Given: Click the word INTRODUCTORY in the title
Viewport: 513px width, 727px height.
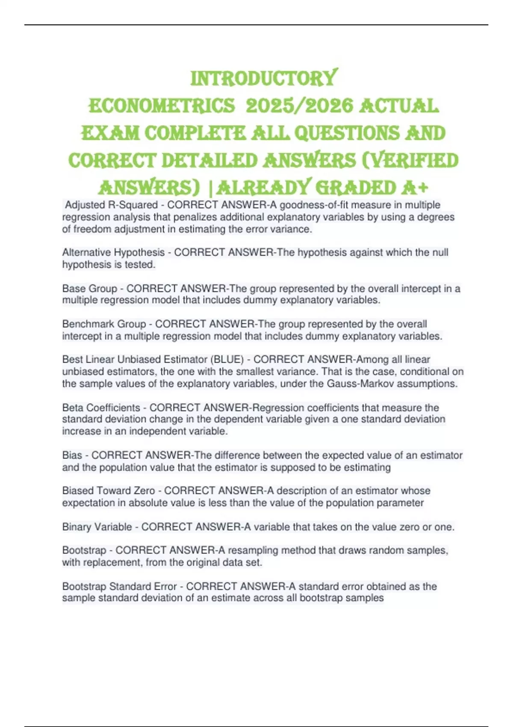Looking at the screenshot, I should [264, 78].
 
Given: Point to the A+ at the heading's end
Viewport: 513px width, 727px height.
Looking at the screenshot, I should [414, 187].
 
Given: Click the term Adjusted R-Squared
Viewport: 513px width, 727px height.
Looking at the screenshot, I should [111, 205].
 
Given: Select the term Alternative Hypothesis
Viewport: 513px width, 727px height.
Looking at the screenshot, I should [113, 253].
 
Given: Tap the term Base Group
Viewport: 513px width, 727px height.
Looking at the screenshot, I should [89, 289].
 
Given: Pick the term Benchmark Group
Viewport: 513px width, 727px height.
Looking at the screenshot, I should [104, 324].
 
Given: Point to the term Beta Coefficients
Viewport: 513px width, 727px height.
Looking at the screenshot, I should [101, 408].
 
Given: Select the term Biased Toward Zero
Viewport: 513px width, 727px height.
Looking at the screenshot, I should [109, 491].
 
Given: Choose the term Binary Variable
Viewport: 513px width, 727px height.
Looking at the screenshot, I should [97, 527].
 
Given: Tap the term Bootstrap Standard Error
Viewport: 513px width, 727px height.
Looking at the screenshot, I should [119, 586].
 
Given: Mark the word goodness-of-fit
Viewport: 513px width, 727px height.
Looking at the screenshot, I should [313, 205].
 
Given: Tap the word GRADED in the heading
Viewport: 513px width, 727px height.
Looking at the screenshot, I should [355, 187].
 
